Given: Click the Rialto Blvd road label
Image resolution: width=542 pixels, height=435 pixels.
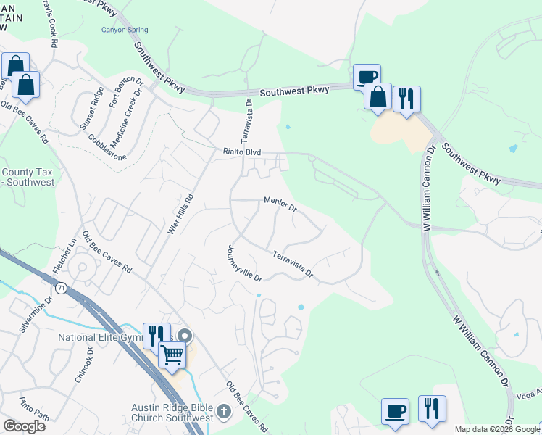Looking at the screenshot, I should [241, 152].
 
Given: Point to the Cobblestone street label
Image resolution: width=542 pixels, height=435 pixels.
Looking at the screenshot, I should [107, 147].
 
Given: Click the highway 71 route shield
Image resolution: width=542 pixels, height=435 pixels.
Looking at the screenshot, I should [63, 287].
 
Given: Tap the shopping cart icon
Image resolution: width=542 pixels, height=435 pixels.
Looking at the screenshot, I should [172, 355].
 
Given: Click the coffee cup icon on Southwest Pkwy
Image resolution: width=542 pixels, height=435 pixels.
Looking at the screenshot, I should [367, 77].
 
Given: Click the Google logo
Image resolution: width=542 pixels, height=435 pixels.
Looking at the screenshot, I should [24, 426].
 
